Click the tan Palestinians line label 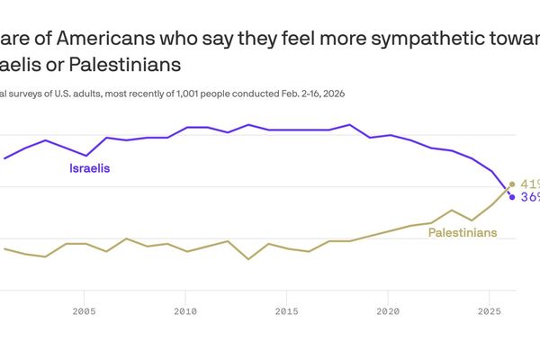click(462, 233)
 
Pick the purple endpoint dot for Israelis click(512, 197)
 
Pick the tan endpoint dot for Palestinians click(512, 184)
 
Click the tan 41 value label click(529, 184)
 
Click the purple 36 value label click(529, 198)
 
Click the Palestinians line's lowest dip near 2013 click(248, 259)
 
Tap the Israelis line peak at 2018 click(349, 124)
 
